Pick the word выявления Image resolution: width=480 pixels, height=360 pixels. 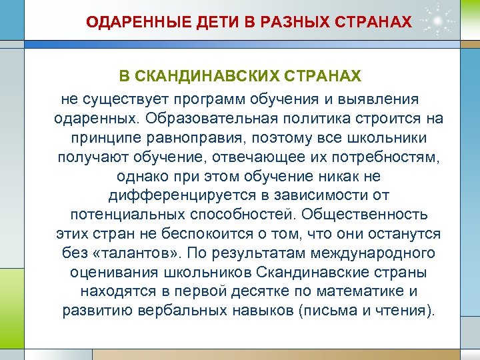(x=381, y=99)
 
